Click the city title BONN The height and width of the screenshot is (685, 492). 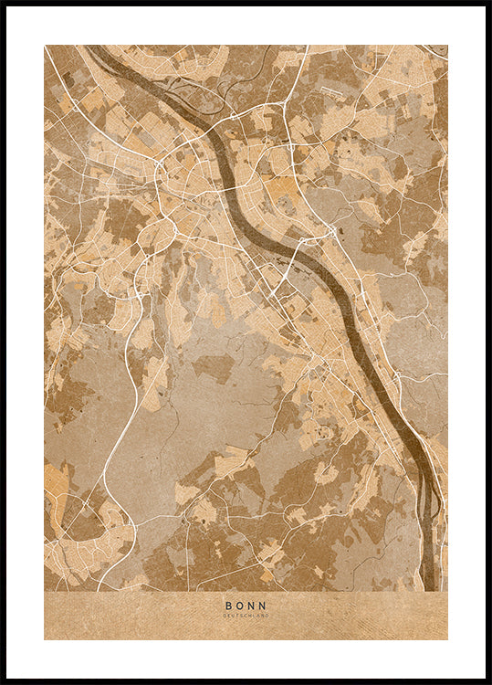click(246, 605)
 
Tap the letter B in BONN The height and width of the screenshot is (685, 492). click(228, 605)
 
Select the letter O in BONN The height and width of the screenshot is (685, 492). click(240, 605)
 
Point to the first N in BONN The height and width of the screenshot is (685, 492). click(252, 605)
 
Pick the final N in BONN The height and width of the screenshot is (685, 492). click(264, 605)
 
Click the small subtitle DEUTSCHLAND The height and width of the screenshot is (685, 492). click(246, 616)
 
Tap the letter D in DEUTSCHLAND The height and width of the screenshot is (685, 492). click(225, 616)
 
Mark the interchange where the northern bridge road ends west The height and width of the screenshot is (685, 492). click(159, 164)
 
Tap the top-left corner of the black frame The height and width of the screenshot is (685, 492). click(3, 3)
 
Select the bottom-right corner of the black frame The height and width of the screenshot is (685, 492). click(488, 681)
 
